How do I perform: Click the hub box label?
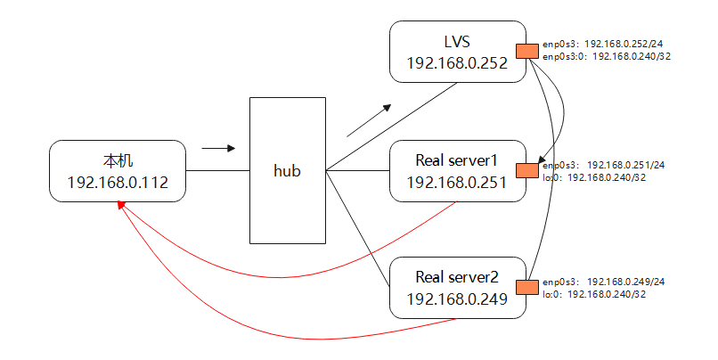click(x=287, y=170)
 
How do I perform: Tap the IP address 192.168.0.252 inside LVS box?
click(x=456, y=64)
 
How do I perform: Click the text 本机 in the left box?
click(x=118, y=161)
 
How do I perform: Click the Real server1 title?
click(x=456, y=161)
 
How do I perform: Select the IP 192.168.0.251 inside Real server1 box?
click(x=456, y=183)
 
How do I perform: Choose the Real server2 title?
click(x=456, y=277)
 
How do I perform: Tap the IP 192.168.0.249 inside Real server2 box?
click(x=456, y=299)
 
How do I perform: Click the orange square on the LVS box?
click(x=527, y=52)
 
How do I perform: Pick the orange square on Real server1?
click(x=527, y=169)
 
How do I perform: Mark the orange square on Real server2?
click(x=527, y=286)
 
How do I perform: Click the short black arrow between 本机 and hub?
click(x=218, y=148)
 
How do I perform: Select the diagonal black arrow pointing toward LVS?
click(x=369, y=120)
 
